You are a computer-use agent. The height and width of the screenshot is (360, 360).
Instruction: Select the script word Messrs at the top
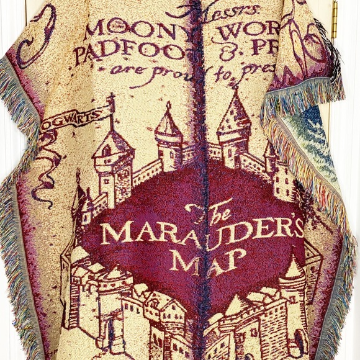(198, 11)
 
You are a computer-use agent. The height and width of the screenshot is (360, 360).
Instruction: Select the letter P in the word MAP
(231, 261)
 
